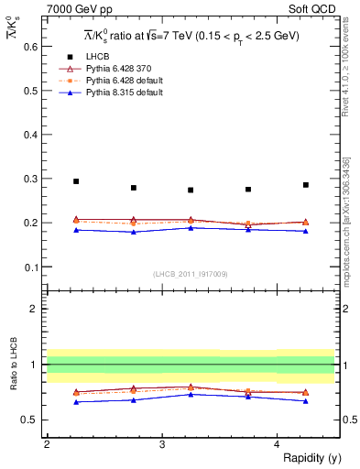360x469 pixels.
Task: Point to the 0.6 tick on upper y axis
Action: (30, 46)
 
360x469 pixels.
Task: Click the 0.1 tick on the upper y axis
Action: (30, 267)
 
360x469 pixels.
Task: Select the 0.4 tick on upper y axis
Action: (30, 135)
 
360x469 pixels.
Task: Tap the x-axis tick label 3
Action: (161, 443)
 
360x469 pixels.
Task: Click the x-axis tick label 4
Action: (277, 443)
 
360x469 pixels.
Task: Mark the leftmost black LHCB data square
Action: (76, 181)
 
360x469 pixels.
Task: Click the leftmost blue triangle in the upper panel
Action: (76, 230)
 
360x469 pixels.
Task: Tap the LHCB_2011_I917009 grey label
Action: (190, 273)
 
